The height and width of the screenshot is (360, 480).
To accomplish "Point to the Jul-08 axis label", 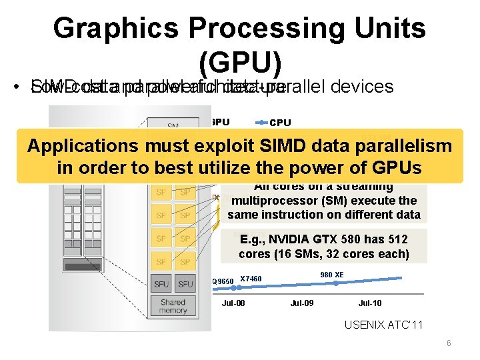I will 233,303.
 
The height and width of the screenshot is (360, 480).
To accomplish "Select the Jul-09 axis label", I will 301,303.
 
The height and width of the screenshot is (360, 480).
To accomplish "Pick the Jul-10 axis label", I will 370,303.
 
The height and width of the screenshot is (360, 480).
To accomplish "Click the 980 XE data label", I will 331,275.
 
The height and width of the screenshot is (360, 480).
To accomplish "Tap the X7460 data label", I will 251,279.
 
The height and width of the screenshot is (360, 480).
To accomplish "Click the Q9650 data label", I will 223,281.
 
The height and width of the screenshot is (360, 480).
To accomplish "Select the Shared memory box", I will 173,307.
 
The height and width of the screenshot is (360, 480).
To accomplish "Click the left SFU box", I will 161,283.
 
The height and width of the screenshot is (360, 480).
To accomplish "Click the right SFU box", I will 185,283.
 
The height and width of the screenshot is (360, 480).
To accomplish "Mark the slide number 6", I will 449,343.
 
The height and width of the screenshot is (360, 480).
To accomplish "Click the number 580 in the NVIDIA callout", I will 352,239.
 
